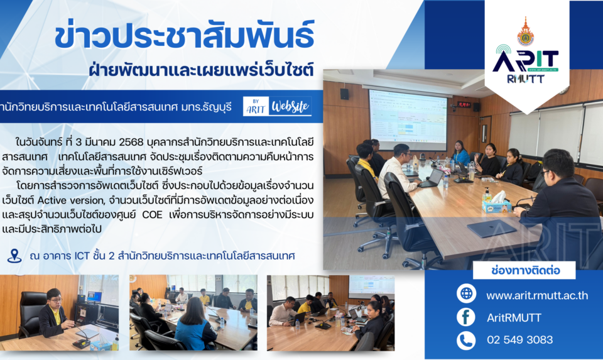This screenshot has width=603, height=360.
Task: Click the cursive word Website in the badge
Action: [290, 107]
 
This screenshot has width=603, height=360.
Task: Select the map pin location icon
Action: [14, 256]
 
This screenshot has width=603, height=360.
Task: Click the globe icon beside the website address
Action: [466, 293]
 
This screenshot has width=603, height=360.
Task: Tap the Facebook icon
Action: [466, 317]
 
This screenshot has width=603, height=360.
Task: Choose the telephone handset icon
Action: [466, 341]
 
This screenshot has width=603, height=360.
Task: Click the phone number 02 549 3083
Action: [519, 340]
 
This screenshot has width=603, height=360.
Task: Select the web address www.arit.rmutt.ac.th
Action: [537, 295]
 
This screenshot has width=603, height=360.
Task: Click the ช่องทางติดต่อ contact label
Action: [525, 270]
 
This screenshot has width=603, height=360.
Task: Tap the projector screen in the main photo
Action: [408, 120]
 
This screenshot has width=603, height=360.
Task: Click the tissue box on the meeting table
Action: [497, 204]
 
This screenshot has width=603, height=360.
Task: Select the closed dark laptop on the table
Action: [491, 229]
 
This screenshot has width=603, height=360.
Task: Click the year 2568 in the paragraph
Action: [131, 143]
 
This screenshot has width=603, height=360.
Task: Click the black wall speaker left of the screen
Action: [344, 94]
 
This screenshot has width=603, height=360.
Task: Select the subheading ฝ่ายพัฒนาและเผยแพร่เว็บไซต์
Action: [201, 70]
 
